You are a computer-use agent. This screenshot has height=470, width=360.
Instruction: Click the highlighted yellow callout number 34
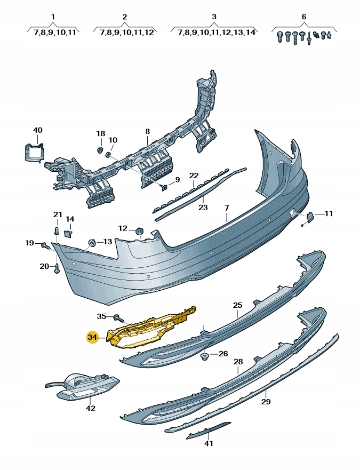[93, 337]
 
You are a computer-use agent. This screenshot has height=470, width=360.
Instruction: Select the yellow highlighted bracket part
[149, 328]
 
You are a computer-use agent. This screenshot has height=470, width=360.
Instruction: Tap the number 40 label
[37, 130]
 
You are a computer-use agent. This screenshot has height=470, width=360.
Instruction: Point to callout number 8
[148, 131]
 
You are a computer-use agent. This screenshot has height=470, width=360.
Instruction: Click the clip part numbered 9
[164, 186]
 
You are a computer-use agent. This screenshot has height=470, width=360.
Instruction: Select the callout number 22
[194, 176]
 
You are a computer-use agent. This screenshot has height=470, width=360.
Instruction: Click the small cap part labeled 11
[309, 216]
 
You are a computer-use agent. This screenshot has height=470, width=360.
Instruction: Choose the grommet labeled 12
[140, 230]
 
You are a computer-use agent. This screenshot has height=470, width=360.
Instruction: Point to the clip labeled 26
[204, 355]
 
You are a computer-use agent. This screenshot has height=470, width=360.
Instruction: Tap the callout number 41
[209, 443]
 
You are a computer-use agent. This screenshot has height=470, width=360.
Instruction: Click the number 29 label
[266, 401]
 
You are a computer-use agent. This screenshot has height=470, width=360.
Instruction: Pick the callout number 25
[237, 305]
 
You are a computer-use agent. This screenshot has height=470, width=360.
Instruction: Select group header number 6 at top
[304, 17]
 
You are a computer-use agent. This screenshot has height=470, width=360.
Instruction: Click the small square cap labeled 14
[68, 233]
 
